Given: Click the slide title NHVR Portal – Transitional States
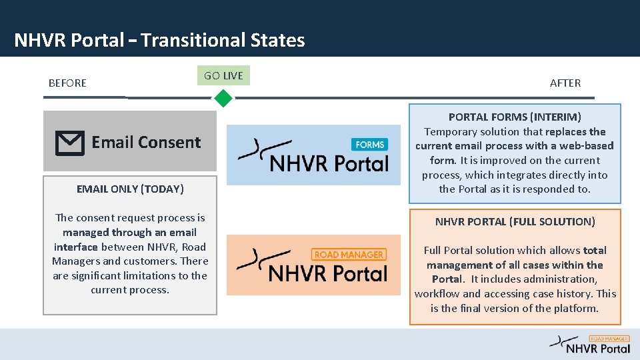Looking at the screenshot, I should pyautogui.click(x=159, y=41).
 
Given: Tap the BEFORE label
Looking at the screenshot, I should pyautogui.click(x=67, y=83).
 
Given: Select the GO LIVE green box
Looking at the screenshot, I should pyautogui.click(x=223, y=75).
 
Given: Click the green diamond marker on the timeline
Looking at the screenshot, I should pyautogui.click(x=223, y=99).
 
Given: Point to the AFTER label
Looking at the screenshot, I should pyautogui.click(x=565, y=83).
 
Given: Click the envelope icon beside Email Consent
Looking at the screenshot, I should pyautogui.click(x=69, y=143).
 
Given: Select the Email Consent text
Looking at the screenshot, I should pyautogui.click(x=146, y=142).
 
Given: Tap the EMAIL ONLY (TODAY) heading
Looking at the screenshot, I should pyautogui.click(x=130, y=189).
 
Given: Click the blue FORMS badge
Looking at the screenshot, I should pyautogui.click(x=369, y=145).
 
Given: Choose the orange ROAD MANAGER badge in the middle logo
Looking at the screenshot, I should pyautogui.click(x=349, y=255).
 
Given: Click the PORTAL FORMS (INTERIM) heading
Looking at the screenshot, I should pyautogui.click(x=515, y=117).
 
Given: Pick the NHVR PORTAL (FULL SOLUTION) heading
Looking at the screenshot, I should pyautogui.click(x=515, y=221).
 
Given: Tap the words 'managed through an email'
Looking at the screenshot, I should pyautogui.click(x=129, y=232).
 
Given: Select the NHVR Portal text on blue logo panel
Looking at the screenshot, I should pyautogui.click(x=329, y=163).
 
